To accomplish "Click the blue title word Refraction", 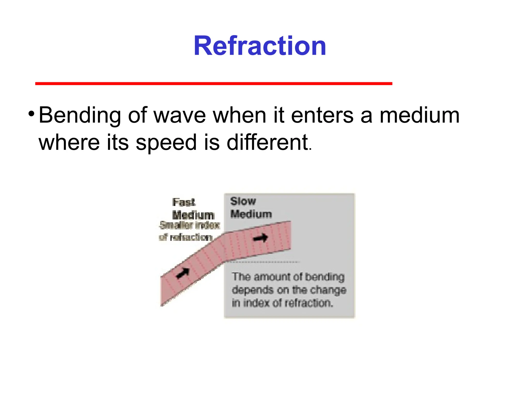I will (260, 46).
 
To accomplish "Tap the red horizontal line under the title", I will (214, 84).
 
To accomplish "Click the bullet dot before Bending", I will (31, 113).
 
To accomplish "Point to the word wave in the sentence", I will (180, 115).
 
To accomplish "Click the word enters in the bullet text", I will (322, 115).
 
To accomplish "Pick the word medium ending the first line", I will (419, 115).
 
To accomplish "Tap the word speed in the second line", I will (166, 143).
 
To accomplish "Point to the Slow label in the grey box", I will (243, 201).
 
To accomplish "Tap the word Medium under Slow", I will (251, 214).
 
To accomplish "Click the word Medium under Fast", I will (193, 215).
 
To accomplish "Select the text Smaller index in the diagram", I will (190, 225).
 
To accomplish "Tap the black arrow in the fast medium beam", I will (183, 273).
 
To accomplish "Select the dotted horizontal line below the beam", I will (262, 262).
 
